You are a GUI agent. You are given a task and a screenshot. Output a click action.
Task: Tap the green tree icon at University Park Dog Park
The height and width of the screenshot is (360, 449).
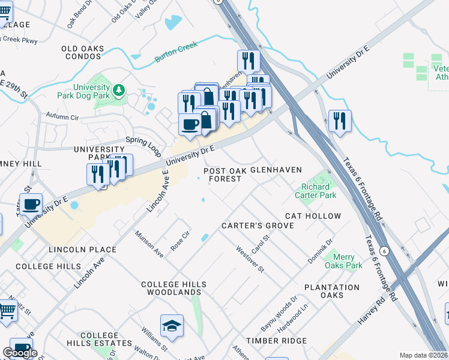(119, 90)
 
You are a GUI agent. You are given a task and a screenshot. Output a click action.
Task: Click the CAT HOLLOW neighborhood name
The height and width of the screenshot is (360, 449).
(313, 216)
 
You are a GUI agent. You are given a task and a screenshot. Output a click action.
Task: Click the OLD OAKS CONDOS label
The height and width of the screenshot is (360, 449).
(82, 52)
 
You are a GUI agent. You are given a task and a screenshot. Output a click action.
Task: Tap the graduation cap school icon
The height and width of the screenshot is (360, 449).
(172, 326)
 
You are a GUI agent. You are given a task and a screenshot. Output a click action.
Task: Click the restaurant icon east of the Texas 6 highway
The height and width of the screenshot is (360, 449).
(340, 121)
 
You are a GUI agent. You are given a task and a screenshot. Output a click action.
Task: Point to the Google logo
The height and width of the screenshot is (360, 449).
(20, 353)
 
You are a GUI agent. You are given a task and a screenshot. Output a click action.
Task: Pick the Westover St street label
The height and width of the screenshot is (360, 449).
(250, 259)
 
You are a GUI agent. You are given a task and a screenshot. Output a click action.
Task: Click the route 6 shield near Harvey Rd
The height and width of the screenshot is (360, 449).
(384, 251)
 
